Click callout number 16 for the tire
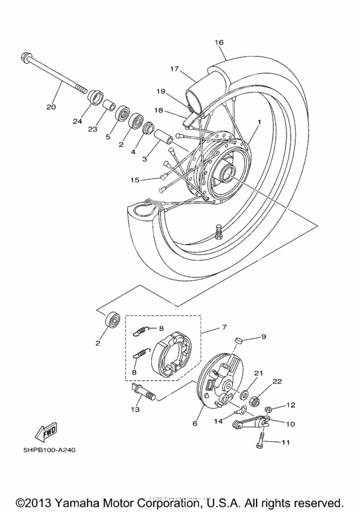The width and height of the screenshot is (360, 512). [x=219, y=42]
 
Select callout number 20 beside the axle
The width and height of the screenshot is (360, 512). [x=51, y=107]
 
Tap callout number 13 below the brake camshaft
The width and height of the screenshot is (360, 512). [x=135, y=409]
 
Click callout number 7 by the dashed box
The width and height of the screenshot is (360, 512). [x=224, y=327]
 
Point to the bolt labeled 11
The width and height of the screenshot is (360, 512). [x=263, y=441]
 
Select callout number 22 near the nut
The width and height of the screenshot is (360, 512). [x=277, y=382]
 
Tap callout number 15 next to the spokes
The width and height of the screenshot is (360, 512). [x=134, y=179]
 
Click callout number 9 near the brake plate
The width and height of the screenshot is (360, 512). [x=263, y=337]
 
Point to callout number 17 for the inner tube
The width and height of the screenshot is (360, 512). [x=174, y=69]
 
